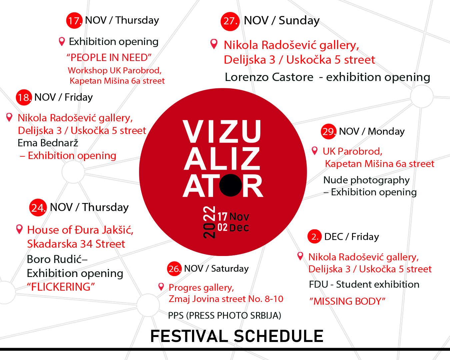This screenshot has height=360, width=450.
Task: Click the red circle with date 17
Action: pyautogui.click(x=74, y=20)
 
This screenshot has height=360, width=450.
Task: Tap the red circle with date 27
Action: pyautogui.click(x=230, y=21)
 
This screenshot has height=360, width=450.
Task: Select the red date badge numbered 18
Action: pyautogui.click(x=24, y=97)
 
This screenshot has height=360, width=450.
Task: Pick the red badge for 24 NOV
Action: pyautogui.click(x=38, y=207)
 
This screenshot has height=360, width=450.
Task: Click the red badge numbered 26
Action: pyautogui.click(x=174, y=269)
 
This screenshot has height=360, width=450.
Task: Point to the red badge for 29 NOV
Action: pyautogui.click(x=329, y=132)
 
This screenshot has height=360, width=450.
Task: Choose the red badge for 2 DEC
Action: pyautogui.click(x=314, y=236)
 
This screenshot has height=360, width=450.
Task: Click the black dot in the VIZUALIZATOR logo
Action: pyautogui.click(x=230, y=185)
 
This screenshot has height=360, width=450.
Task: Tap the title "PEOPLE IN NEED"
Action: pyautogui.click(x=109, y=58)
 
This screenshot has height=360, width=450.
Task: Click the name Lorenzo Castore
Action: pyautogui.click(x=269, y=77)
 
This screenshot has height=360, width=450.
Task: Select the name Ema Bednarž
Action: pyautogui.click(x=48, y=143)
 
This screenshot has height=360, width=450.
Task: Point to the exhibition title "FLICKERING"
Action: pyautogui.click(x=61, y=287)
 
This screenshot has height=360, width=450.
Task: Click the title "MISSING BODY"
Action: pyautogui.click(x=347, y=301)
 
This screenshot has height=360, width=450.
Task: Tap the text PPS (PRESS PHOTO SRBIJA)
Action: pyautogui.click(x=225, y=315)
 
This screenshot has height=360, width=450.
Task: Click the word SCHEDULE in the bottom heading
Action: pyautogui.click(x=279, y=336)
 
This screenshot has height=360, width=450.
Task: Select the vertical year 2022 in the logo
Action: pyautogui.click(x=209, y=222)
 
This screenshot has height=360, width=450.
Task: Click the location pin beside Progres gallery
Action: pyautogui.click(x=161, y=287)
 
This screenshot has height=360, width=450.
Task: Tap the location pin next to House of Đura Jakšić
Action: pyautogui.click(x=19, y=229)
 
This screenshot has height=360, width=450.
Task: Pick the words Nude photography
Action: pyautogui.click(x=366, y=180)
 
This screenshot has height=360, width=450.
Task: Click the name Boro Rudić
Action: pyautogui.click(x=54, y=259)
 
